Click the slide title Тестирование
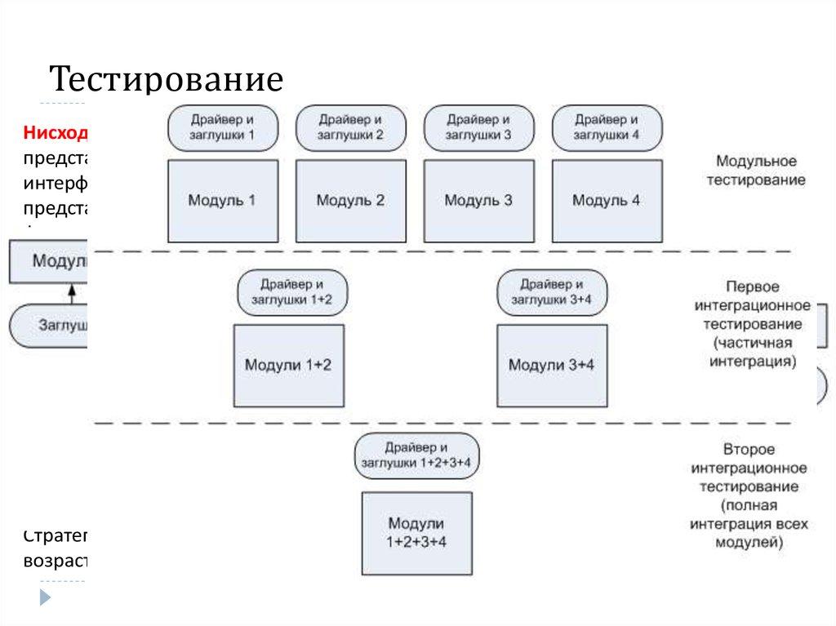coord(167,80)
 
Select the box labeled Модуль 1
coord(222,200)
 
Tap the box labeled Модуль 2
coord(350,200)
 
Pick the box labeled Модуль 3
coord(478,200)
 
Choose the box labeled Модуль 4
coord(606,200)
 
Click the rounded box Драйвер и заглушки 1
coord(222,127)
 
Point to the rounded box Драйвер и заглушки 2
coord(350,127)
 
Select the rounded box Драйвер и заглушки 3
coord(478,127)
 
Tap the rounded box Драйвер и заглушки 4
coord(606,127)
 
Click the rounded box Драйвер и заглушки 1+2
coord(291,292)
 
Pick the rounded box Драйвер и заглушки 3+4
coord(552,292)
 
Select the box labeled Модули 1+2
coord(288,365)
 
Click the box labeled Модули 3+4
coord(551,365)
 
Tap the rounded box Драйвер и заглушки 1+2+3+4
coord(416,455)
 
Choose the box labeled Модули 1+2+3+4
coord(416,533)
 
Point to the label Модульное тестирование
coord(755,171)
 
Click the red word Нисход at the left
coord(56,133)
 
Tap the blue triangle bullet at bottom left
coord(46,597)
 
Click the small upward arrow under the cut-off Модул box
coord(72,291)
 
